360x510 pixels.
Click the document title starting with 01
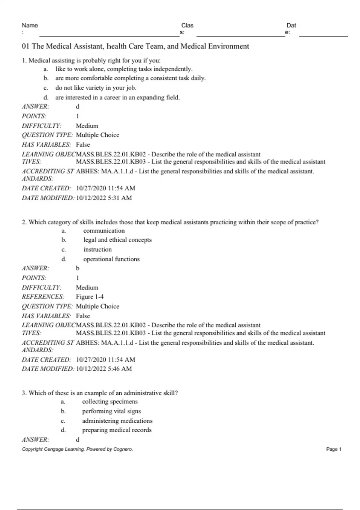[x=135, y=46]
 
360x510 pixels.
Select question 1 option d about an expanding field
[x=117, y=97]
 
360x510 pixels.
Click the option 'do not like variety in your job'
[x=96, y=88]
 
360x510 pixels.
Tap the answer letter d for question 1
[x=78, y=106]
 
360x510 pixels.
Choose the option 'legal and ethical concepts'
[x=117, y=240]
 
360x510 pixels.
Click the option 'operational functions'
[x=111, y=259]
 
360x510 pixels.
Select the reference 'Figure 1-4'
[x=90, y=297]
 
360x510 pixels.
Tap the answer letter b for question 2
[x=78, y=268]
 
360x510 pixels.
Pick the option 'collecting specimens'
[x=110, y=402]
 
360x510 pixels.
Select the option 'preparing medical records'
[x=117, y=430]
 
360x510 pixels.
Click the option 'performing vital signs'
[x=111, y=411]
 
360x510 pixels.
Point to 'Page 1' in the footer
[x=334, y=449]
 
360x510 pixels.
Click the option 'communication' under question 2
[x=104, y=231]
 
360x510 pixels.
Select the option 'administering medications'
[x=117, y=421]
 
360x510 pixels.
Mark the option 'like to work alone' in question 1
[x=124, y=69]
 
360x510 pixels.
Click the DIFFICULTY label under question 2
[x=41, y=287]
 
